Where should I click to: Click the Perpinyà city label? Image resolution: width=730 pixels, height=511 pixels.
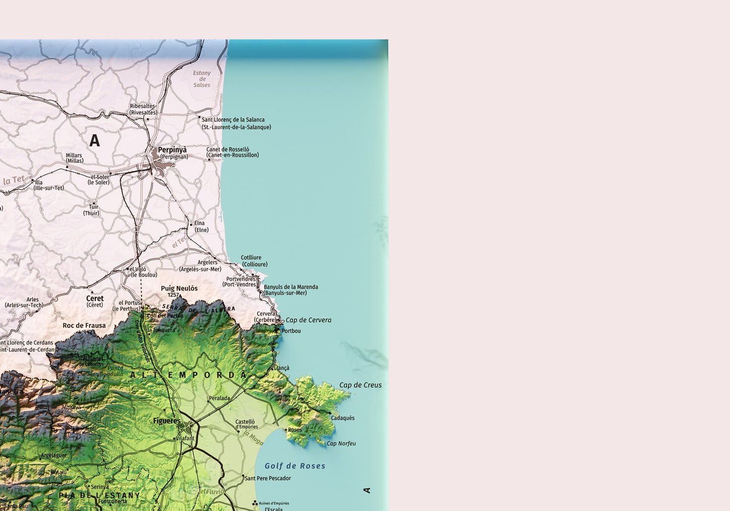pyautogui.click(x=172, y=150)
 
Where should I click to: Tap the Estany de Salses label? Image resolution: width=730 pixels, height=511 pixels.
pyautogui.click(x=202, y=79)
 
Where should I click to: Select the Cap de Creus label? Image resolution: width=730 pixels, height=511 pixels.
pyautogui.click(x=360, y=385)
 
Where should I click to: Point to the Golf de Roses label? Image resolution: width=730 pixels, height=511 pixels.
pyautogui.click(x=295, y=466)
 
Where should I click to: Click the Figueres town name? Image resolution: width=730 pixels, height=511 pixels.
pyautogui.click(x=167, y=421)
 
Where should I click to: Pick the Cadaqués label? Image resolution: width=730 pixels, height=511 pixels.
pyautogui.click(x=343, y=418)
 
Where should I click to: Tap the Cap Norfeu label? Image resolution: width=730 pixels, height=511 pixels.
pyautogui.click(x=341, y=444)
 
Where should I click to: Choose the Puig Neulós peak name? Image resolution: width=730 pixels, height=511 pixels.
pyautogui.click(x=179, y=288)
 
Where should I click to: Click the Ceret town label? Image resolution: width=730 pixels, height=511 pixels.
pyautogui.click(x=94, y=298)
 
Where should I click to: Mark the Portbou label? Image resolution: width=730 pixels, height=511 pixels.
pyautogui.click(x=291, y=331)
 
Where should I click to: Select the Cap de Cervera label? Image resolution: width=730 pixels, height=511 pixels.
pyautogui.click(x=308, y=320)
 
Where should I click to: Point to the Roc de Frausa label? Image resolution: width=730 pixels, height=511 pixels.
pyautogui.click(x=84, y=326)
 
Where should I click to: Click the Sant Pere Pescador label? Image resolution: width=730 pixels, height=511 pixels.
pyautogui.click(x=268, y=478)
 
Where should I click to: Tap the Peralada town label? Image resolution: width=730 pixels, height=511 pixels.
pyautogui.click(x=219, y=398)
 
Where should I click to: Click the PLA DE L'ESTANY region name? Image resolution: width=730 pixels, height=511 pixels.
pyautogui.click(x=99, y=495)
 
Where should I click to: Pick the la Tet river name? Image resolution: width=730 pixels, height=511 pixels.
pyautogui.click(x=14, y=180)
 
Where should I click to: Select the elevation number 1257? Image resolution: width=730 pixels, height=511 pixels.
pyautogui.click(x=173, y=295)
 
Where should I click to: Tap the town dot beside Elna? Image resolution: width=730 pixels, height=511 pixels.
pyautogui.click(x=190, y=225)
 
